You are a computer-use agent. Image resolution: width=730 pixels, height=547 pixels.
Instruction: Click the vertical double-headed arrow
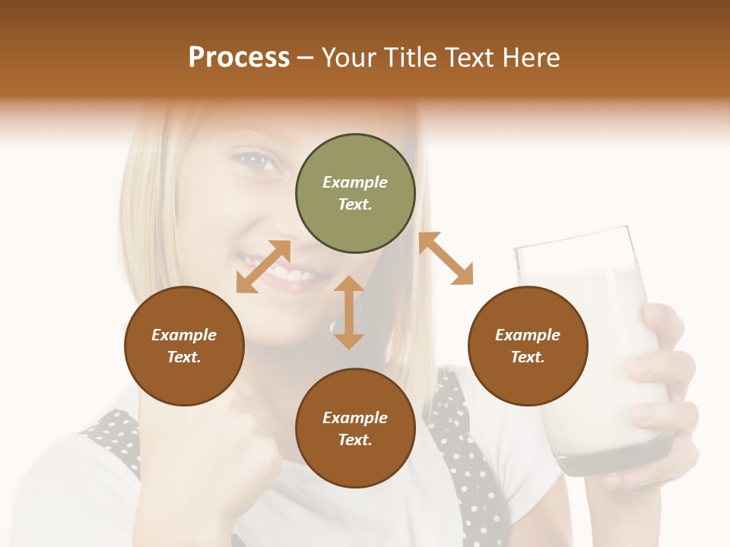click(349, 312)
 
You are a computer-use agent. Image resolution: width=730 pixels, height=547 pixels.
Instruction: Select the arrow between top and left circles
click(263, 266)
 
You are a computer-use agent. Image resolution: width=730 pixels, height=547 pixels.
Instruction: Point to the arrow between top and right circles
click(446, 258)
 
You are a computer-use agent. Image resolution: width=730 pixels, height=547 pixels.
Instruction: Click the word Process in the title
click(239, 58)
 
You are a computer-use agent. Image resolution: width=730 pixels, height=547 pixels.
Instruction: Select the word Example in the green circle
click(355, 182)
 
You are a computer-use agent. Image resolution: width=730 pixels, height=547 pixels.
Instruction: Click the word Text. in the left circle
click(184, 357)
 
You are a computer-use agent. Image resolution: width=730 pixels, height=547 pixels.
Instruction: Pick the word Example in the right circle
click(528, 335)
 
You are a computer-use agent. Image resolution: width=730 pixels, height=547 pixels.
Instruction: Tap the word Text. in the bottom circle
click(355, 440)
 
